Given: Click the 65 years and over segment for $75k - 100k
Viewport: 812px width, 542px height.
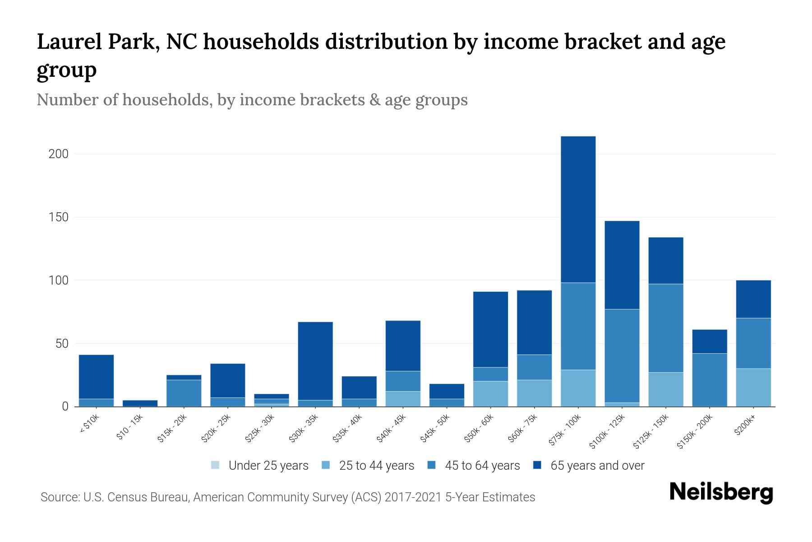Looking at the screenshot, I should click(578, 209).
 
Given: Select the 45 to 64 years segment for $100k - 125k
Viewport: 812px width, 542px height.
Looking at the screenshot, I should click(622, 355).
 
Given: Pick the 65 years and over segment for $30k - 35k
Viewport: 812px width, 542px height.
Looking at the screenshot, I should click(315, 360).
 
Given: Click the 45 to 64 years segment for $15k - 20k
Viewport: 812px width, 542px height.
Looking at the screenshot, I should click(184, 392).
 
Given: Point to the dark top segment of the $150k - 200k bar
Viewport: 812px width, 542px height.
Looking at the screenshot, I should click(709, 341).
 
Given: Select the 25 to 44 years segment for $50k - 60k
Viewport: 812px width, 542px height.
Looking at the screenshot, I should click(490, 393).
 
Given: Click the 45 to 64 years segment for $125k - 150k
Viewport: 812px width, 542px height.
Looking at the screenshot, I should click(665, 328).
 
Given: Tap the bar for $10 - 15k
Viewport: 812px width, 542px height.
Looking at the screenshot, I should click(140, 403).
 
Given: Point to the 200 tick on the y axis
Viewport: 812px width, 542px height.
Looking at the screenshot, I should click(59, 154).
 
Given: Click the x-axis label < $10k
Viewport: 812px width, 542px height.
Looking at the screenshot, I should click(90, 423).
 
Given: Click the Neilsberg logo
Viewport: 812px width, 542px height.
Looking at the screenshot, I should click(721, 492).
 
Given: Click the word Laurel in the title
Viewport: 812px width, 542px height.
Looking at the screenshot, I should click(68, 42).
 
